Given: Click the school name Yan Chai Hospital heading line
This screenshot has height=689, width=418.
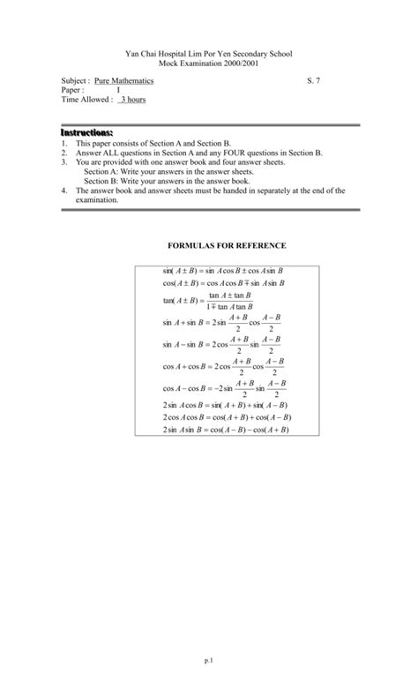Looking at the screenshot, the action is (x=209, y=54).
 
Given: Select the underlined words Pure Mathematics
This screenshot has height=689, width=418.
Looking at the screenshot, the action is (x=123, y=80).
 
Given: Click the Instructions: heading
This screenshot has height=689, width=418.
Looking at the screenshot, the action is (x=86, y=131).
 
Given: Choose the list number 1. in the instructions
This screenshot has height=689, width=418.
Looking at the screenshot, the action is (x=64, y=142).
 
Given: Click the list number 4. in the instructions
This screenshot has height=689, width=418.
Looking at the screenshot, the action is (x=64, y=190).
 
